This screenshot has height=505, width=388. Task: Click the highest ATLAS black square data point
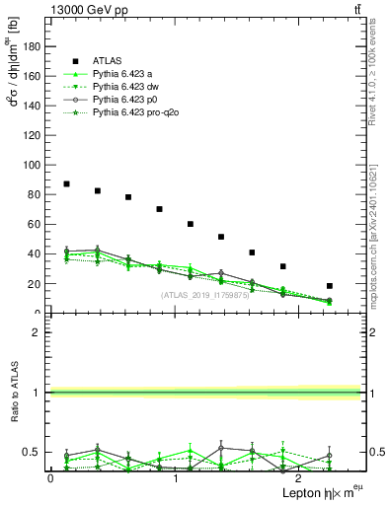click(x=66, y=183)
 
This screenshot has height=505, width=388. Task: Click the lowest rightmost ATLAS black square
click(x=329, y=286)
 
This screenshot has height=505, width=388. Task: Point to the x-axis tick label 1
click(x=175, y=477)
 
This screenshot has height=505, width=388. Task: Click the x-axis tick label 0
click(x=50, y=477)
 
